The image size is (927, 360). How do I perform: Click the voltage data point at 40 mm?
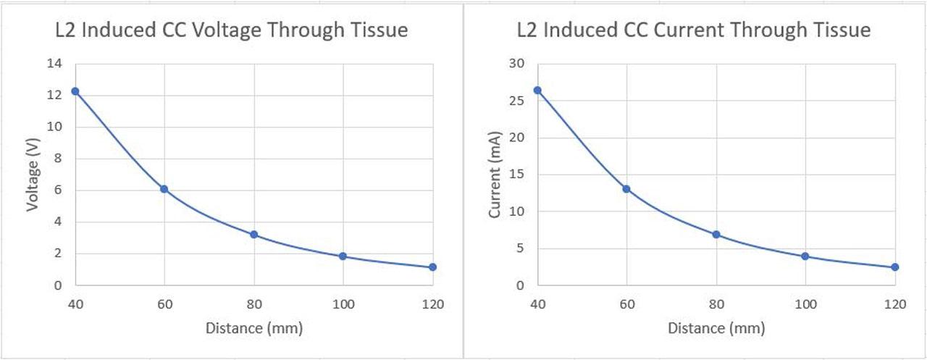coord(75,91)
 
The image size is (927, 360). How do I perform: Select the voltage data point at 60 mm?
coord(164,189)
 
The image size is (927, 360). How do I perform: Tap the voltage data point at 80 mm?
coord(253,235)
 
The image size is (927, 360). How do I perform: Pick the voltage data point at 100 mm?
coord(343,256)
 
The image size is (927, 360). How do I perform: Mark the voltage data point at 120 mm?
coord(432,267)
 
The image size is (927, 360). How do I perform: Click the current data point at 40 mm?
coord(537,91)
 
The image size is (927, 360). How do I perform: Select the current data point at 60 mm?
coord(626,189)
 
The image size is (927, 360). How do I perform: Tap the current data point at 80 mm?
coord(716,235)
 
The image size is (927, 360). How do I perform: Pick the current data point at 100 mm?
coord(805,256)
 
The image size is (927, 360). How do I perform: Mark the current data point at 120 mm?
coord(894,267)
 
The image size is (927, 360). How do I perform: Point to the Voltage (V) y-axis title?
coord(33,175)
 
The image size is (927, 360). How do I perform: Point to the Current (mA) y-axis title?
coord(495,175)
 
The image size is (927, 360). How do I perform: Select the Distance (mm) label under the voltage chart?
coord(253,328)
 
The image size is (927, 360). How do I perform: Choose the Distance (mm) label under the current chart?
coord(716,328)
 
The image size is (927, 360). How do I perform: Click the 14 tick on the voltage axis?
coord(55,64)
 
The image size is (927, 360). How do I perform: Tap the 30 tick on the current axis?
coord(516,64)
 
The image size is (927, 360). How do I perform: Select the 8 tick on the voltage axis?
coord(58,159)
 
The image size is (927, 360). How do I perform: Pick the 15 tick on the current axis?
coord(516,175)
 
